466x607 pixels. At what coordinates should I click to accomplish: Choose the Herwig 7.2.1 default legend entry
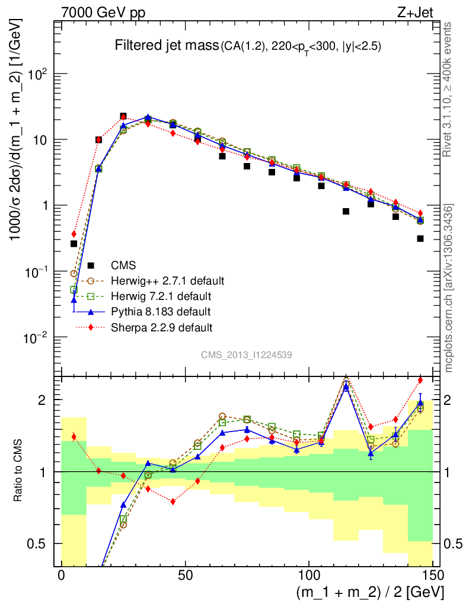click(161, 296)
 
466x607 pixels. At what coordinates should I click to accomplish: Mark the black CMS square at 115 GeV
click(346, 211)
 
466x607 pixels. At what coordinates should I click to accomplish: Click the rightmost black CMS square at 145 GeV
click(420, 238)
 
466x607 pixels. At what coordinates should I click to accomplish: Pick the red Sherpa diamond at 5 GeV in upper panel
click(74, 234)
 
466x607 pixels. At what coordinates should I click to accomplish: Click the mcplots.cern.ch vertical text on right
click(449, 285)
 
